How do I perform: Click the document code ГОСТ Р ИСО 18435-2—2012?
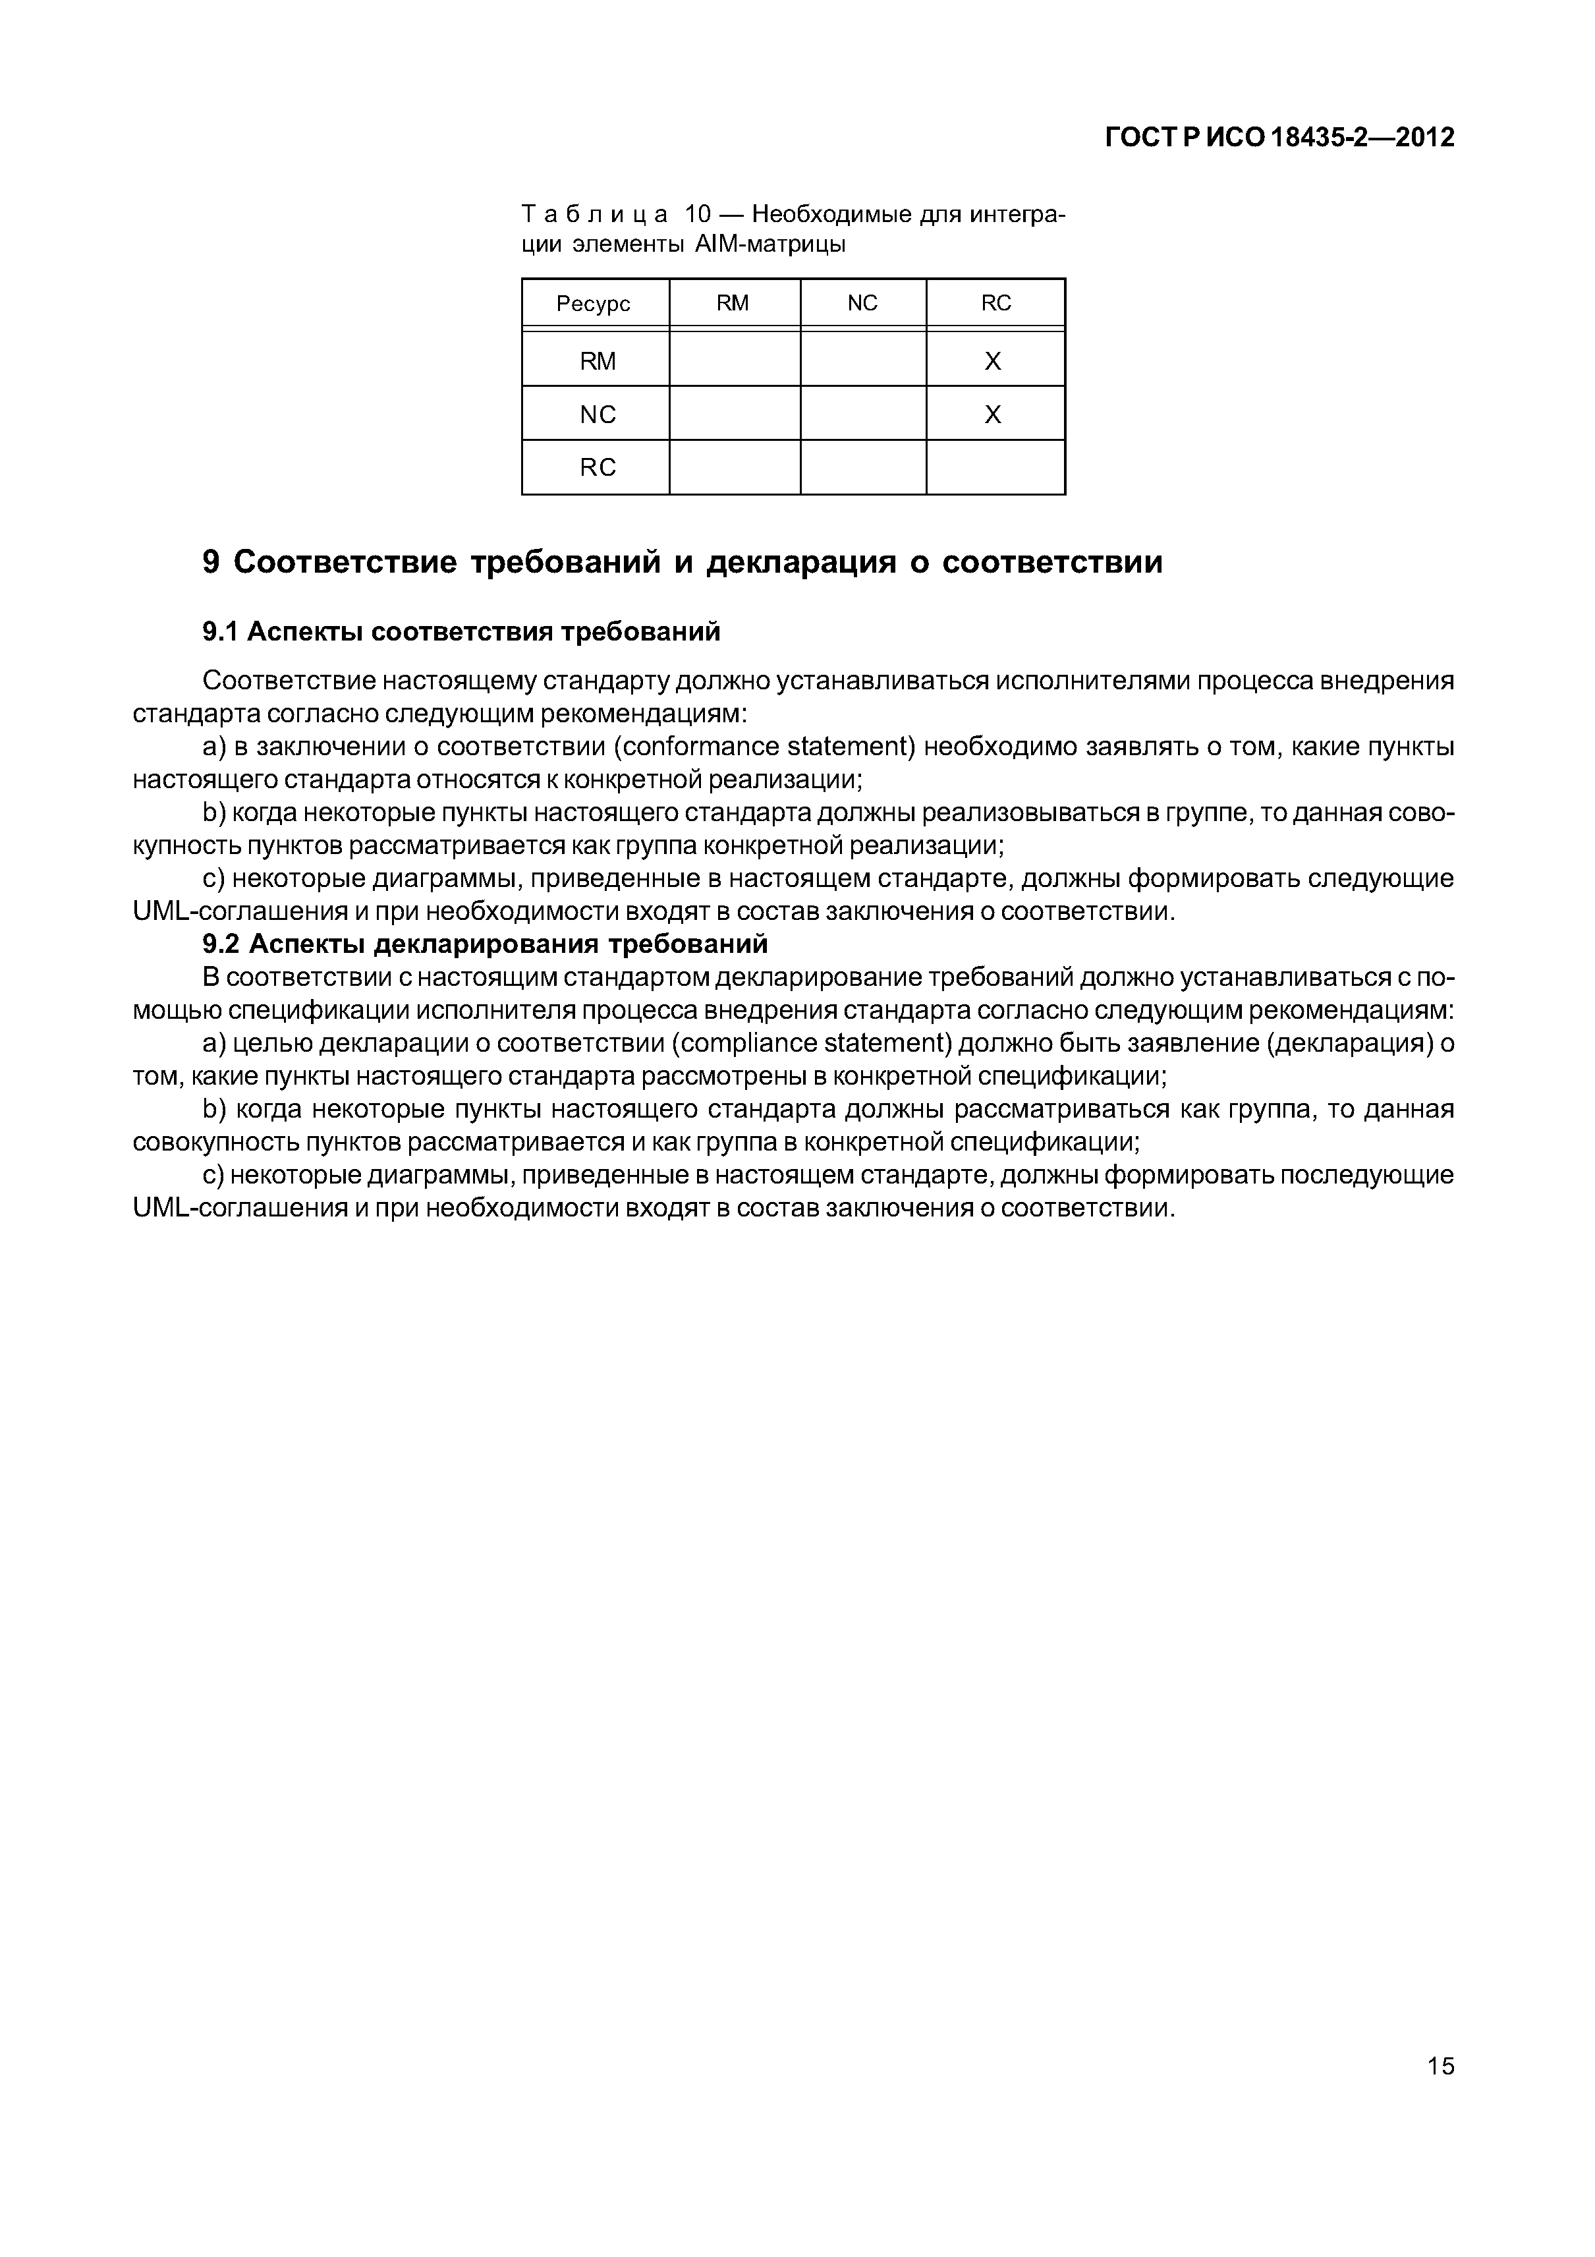[x=1279, y=138]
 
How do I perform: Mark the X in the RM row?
[x=993, y=362]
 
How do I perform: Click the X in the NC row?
[x=993, y=415]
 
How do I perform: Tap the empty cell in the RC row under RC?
[x=995, y=467]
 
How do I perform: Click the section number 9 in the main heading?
[x=211, y=562]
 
